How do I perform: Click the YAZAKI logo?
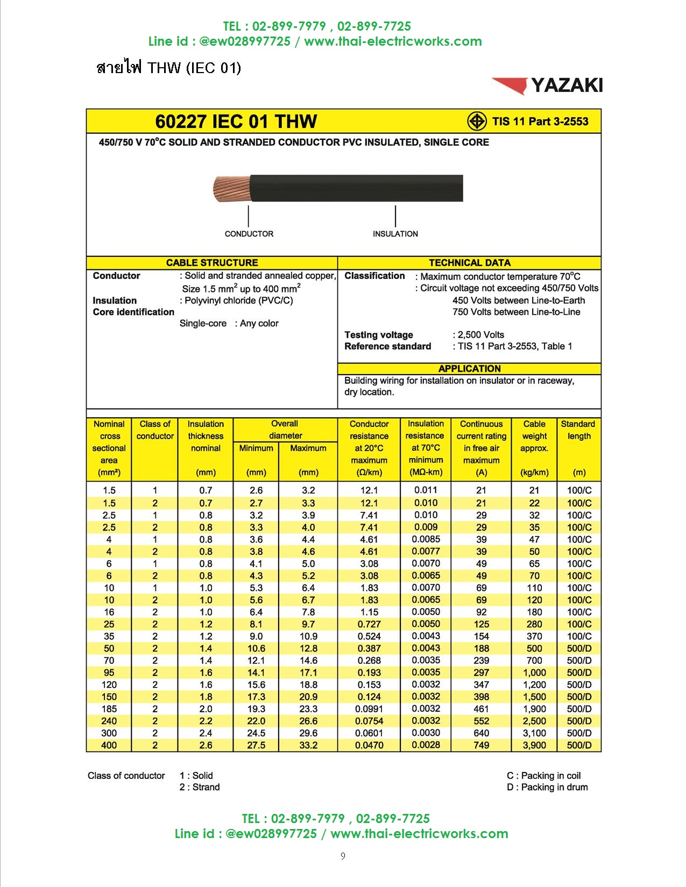547,85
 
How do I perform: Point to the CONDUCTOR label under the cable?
249,234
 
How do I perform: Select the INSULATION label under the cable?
395,234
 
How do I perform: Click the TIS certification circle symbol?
476,121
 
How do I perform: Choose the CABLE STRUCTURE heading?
212,263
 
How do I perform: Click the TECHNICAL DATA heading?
469,263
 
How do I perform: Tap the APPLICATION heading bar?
469,369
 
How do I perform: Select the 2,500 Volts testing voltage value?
480,335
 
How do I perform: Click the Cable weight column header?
534,436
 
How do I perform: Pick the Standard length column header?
578,430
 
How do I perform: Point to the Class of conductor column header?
155,430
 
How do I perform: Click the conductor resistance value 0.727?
369,624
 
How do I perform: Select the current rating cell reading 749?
481,745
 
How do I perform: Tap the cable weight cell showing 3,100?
534,733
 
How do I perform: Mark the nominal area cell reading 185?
109,709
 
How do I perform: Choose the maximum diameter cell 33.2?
308,745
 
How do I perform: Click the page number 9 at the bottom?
343,856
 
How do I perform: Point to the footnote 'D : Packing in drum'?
547,787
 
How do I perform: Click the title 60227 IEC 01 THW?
236,121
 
